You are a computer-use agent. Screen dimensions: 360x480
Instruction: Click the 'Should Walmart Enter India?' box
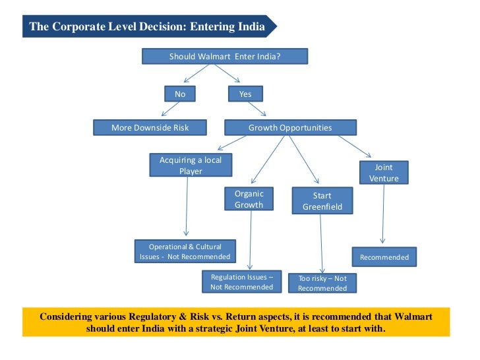point(224,57)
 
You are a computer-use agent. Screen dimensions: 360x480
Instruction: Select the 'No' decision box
point(180,94)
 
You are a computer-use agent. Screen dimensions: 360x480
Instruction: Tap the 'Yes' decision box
point(245,94)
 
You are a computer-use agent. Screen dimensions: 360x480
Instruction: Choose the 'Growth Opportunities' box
point(290,127)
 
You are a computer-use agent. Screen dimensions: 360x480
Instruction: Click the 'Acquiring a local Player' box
point(191,165)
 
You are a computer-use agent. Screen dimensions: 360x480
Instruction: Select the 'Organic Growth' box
point(249,199)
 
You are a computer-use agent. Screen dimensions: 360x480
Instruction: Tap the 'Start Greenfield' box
point(322,201)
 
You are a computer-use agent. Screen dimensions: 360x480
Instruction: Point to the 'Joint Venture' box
point(384,173)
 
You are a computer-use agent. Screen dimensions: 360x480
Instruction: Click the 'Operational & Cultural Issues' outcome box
point(185,251)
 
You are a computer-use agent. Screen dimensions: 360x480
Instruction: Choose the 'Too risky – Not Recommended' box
point(322,283)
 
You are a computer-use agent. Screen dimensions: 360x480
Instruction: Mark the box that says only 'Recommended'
point(384,257)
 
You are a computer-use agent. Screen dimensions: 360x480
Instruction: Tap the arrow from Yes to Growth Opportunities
point(258,110)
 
